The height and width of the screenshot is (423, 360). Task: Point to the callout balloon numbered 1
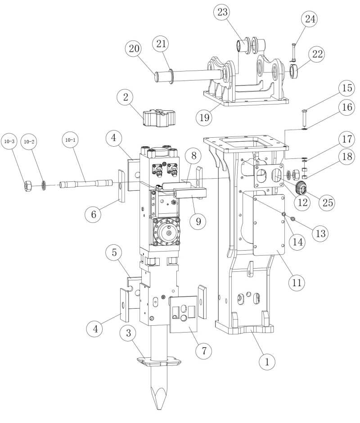(x=267, y=360)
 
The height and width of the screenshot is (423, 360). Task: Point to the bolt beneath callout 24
(x=292, y=52)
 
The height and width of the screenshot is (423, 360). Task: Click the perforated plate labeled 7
(x=183, y=314)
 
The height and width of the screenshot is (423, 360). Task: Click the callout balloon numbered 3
(x=129, y=334)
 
